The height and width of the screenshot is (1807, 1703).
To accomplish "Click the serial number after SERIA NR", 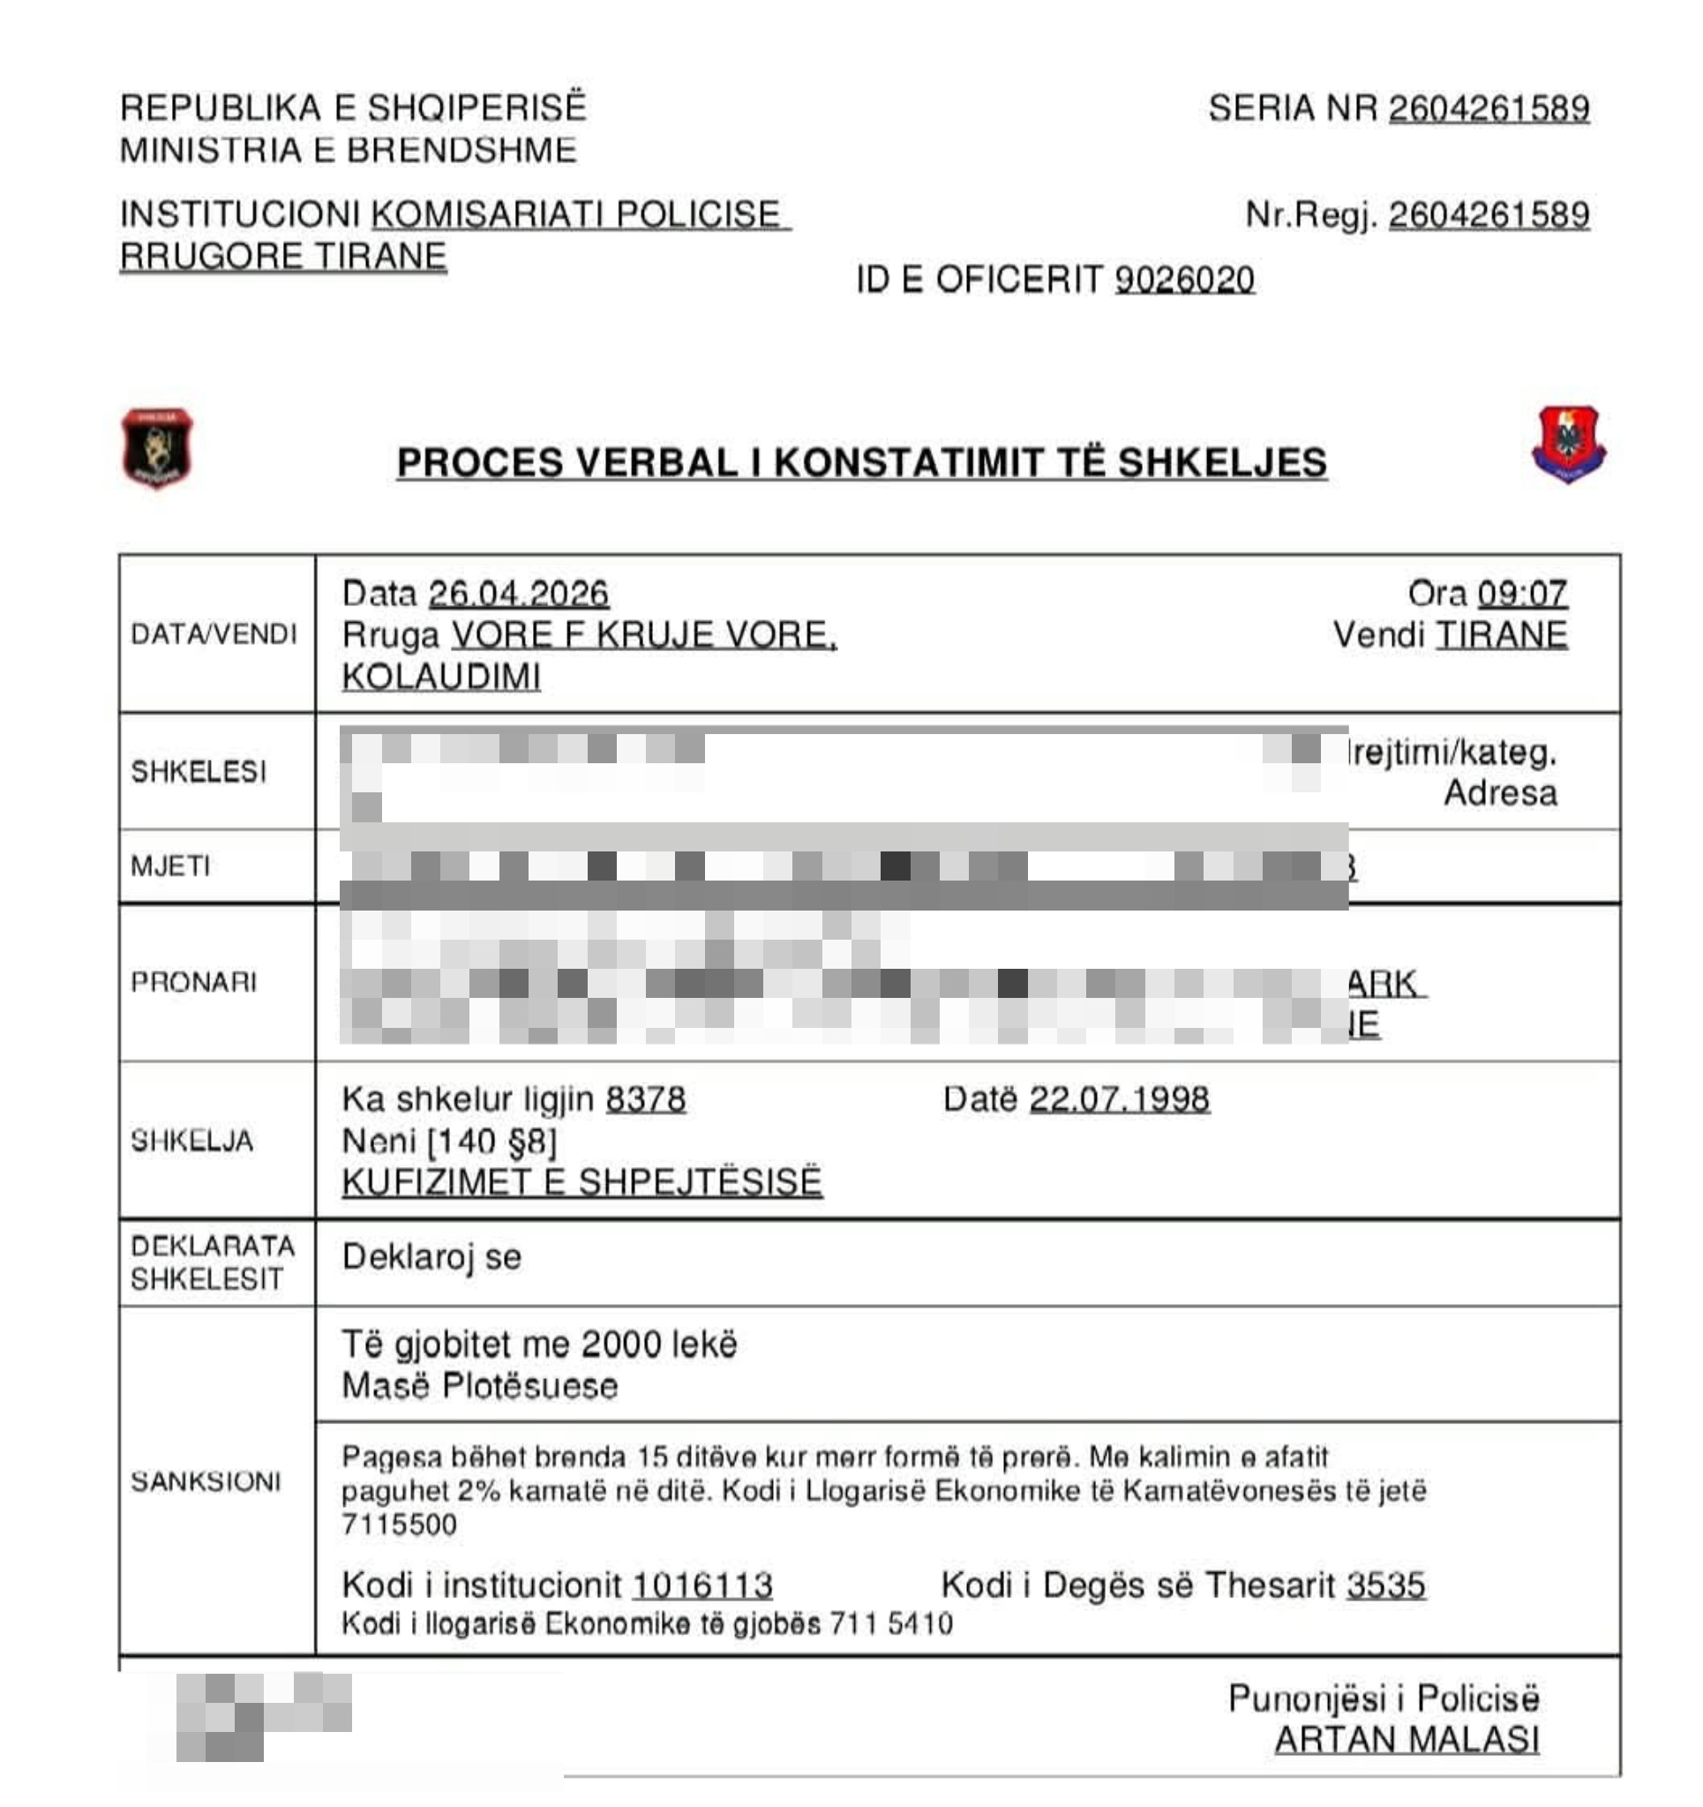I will (x=1489, y=109).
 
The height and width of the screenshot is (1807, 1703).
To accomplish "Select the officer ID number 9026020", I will (x=1184, y=280).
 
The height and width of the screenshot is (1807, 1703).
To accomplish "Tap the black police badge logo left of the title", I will (x=157, y=447).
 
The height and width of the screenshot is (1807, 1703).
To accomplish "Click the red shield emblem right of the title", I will (x=1568, y=445).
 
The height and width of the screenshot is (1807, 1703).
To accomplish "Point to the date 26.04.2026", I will (x=518, y=594).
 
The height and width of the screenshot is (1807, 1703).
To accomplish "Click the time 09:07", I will (x=1522, y=594).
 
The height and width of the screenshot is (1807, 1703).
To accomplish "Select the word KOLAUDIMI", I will (x=441, y=677).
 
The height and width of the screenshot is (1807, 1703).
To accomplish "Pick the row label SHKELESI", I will (x=199, y=772).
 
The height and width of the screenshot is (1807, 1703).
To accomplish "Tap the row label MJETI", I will (x=170, y=866).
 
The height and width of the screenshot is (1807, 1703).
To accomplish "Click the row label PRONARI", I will (x=193, y=982).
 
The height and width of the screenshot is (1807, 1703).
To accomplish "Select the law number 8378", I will (x=646, y=1100).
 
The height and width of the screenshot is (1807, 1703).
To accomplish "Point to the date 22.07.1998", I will (x=1119, y=1100).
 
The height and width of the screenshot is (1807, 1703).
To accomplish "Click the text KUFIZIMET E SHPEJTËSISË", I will (x=581, y=1182).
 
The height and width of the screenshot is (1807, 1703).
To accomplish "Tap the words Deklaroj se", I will (x=431, y=1257).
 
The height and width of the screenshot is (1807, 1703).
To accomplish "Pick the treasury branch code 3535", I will (x=1385, y=1586).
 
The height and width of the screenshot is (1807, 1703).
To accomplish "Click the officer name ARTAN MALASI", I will (x=1407, y=1740).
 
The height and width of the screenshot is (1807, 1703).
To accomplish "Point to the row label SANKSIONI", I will (x=206, y=1481).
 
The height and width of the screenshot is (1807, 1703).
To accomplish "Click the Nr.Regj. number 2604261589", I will (x=1489, y=215).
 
